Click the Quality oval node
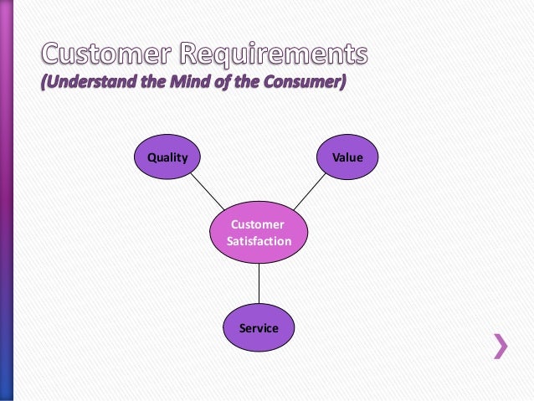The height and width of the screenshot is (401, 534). [167, 157]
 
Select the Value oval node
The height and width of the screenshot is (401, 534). [347, 157]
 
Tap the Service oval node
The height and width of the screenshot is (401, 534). [259, 328]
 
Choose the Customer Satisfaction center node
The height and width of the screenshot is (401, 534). [259, 233]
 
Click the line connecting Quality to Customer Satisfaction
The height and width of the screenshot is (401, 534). [208, 193]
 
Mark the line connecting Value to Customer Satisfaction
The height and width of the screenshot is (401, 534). [309, 192]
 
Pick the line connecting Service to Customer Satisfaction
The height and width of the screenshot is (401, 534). [259, 285]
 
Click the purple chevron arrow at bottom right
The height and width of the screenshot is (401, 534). [500, 345]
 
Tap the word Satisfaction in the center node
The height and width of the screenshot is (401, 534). [259, 241]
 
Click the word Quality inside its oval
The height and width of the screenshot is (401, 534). [167, 157]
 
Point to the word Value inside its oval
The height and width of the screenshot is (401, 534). [347, 157]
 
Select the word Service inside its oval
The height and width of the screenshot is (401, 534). [259, 328]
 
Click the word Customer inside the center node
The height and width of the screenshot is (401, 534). [259, 224]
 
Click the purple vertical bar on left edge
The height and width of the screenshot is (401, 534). [6, 201]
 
